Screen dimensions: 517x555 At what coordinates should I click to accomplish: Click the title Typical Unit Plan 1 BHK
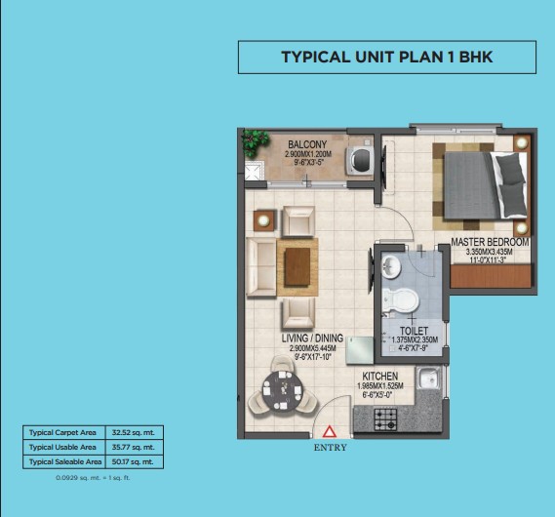[386, 58]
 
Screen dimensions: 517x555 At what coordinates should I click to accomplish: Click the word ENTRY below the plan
[330, 448]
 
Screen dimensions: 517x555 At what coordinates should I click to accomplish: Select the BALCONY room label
[307, 145]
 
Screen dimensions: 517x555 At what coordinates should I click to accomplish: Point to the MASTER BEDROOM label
[490, 242]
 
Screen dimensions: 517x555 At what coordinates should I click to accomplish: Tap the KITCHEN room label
[379, 377]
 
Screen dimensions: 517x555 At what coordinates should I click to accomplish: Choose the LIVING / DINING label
[312, 338]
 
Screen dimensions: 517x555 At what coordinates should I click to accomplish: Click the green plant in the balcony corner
[256, 141]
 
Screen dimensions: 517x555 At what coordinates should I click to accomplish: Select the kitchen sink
[427, 380]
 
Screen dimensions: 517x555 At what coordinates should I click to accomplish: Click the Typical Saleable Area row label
[64, 460]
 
